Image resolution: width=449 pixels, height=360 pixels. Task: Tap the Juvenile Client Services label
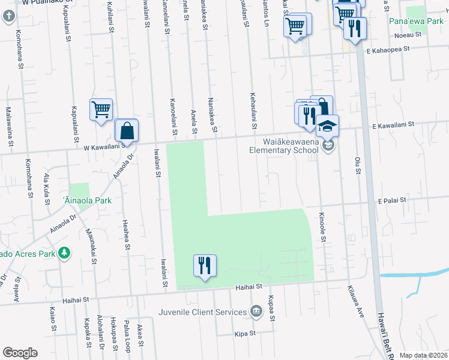point(203,312)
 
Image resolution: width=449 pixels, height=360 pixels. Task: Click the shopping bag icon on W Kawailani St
point(127,130)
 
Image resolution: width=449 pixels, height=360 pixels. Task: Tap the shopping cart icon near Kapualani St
point(101,110)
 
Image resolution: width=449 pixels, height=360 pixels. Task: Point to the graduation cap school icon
point(328,126)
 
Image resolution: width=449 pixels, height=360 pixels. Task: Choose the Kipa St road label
point(245,332)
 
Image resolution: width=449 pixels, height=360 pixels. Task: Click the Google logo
point(20,353)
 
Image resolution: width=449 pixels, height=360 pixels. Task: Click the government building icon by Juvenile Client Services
point(256,311)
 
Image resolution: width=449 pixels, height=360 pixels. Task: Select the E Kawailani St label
point(394,125)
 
